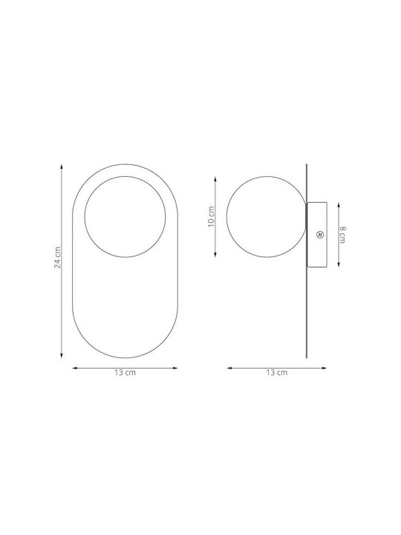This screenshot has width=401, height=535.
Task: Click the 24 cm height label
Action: [58, 257]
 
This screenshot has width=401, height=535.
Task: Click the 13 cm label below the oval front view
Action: [125, 372]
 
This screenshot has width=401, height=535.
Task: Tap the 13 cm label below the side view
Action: [277, 372]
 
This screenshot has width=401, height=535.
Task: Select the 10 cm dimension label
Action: [212, 216]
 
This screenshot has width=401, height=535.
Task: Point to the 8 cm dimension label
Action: [342, 235]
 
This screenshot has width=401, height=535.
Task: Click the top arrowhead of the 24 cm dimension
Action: [62, 166]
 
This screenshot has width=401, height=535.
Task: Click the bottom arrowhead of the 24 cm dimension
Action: [62, 355]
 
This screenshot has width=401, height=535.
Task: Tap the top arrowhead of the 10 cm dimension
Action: [215, 179]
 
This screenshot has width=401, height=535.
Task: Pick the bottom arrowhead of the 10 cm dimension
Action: [215, 254]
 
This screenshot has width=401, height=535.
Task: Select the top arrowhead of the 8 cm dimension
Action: [339, 205]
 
